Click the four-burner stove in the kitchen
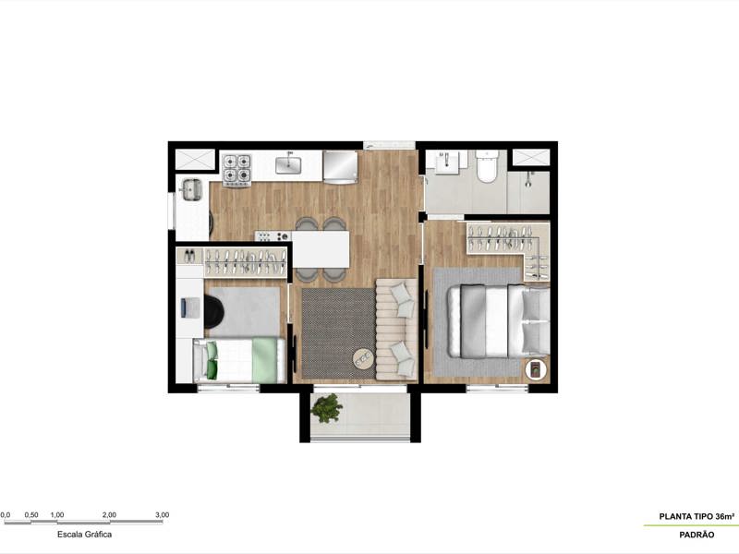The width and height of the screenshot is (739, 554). (x=236, y=169)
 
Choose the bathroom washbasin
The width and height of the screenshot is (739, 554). (x=449, y=161)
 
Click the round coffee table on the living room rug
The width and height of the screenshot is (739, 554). (x=363, y=358)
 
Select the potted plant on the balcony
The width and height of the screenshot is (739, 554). (x=325, y=406)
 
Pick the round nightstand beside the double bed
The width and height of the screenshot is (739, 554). (x=536, y=370)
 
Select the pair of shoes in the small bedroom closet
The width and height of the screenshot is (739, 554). (x=188, y=257)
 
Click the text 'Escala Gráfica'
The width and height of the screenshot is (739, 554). (x=85, y=534)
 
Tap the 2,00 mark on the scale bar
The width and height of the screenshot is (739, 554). (x=109, y=514)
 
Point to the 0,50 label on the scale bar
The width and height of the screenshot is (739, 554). (x=30, y=514)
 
